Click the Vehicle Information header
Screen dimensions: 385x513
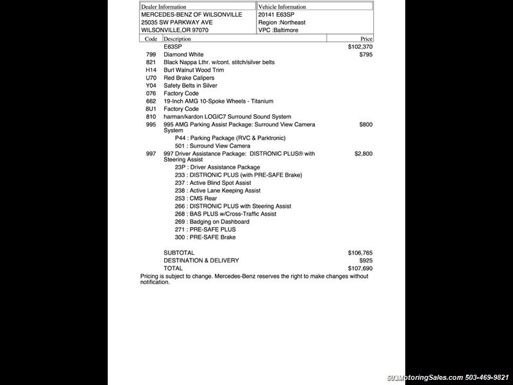[x=282, y=6]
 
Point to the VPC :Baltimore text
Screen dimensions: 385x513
[x=278, y=30]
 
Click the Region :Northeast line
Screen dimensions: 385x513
[x=282, y=22]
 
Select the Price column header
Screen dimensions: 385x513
[x=366, y=38]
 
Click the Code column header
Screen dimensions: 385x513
[x=151, y=38]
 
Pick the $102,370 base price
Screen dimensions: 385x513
[x=360, y=47]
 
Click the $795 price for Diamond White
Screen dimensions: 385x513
[x=366, y=55]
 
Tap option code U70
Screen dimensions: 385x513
[x=151, y=78]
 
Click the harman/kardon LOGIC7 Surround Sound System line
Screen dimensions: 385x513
[x=227, y=117]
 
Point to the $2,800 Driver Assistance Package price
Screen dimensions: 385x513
[x=363, y=154]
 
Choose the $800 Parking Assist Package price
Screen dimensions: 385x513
[x=366, y=124]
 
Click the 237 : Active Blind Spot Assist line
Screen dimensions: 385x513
[x=213, y=183]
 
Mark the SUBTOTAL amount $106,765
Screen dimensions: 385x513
[x=360, y=253]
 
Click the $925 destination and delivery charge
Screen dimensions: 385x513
[x=366, y=261]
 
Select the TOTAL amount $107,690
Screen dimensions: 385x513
[x=360, y=268]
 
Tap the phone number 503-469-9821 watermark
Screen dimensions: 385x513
[x=486, y=377]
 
